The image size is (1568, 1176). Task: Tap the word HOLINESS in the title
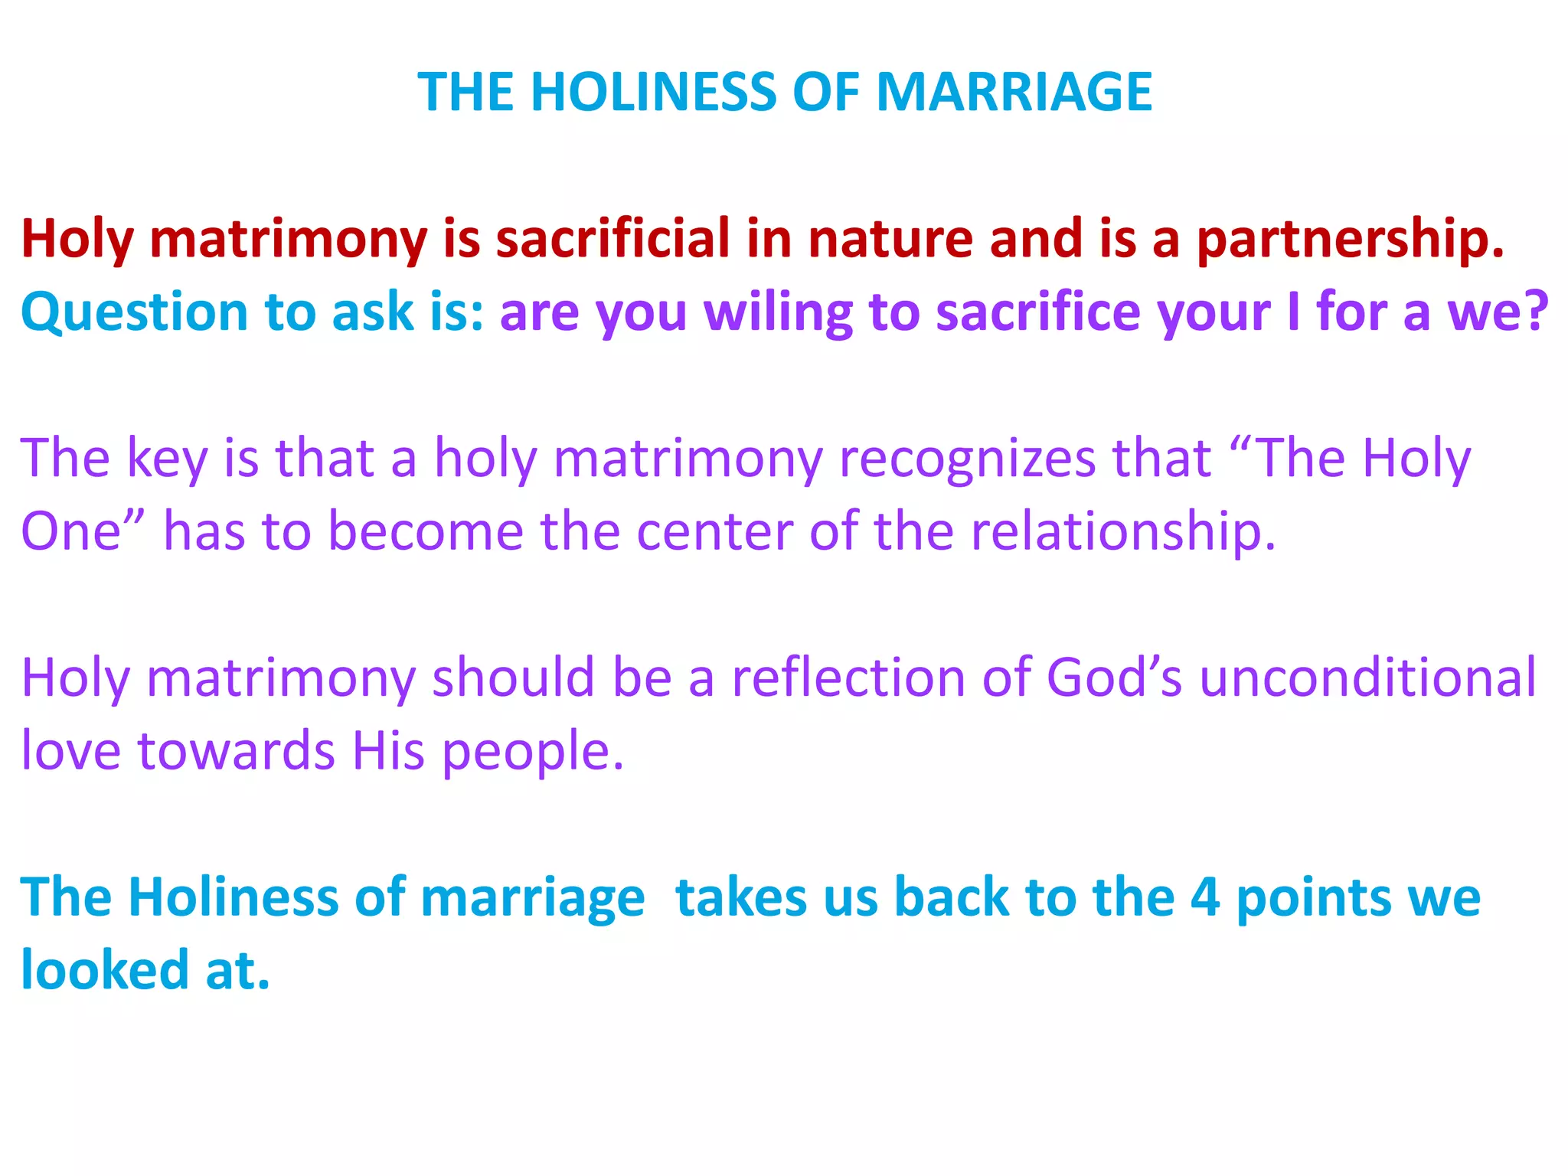click(653, 92)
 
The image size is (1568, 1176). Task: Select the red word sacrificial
click(613, 239)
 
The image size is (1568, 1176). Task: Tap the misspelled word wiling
click(777, 312)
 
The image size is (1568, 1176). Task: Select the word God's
click(1114, 678)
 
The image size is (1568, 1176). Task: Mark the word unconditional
click(1367, 678)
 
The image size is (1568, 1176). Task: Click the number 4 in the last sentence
click(1205, 897)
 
